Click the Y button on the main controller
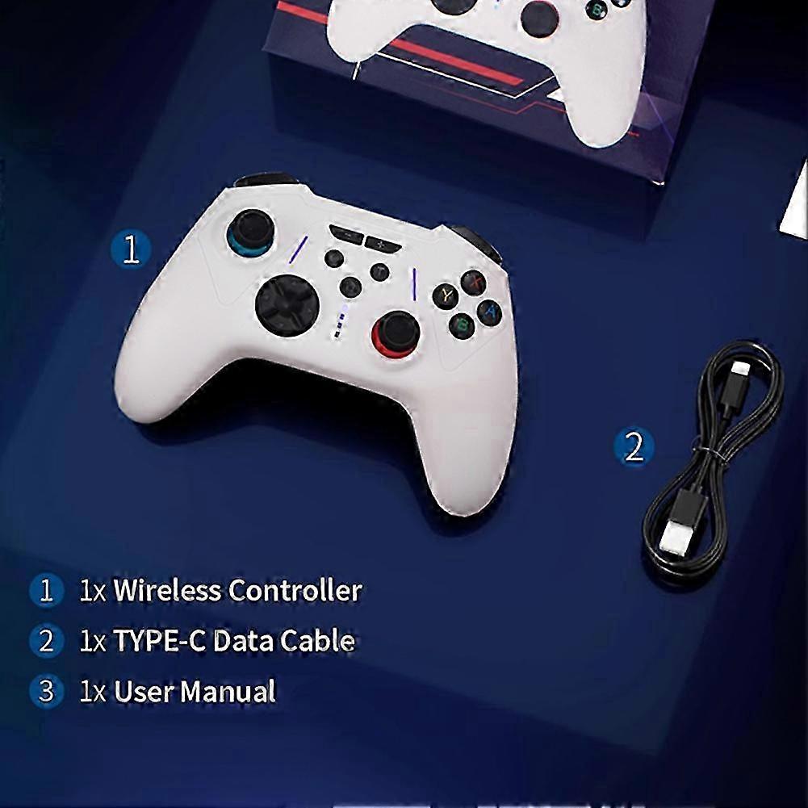(446, 295)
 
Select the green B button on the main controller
(463, 325)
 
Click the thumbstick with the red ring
(396, 334)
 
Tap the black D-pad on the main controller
(287, 306)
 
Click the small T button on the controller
(379, 271)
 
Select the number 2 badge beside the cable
(634, 446)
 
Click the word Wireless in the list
(167, 590)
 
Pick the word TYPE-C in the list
(159, 641)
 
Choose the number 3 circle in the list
(46, 691)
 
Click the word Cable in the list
(318, 641)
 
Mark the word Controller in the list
(295, 590)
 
